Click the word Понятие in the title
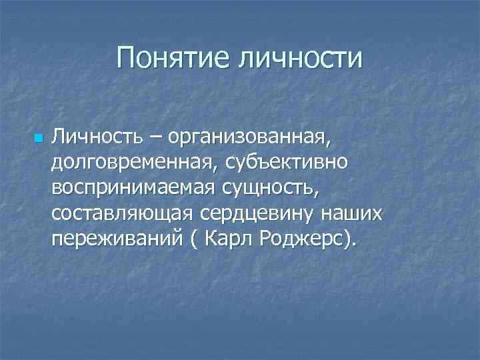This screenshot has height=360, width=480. pyautogui.click(x=170, y=58)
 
